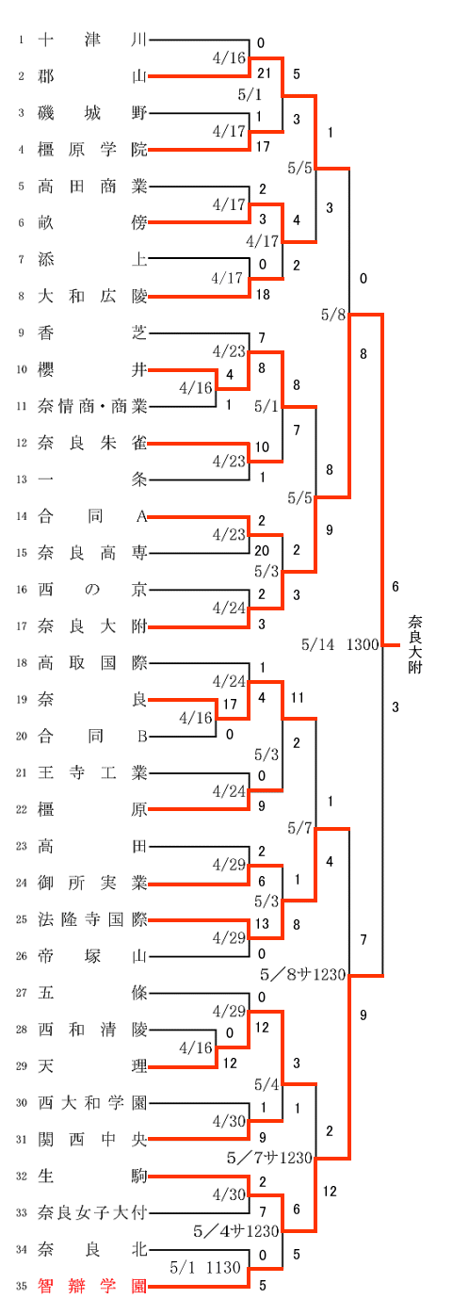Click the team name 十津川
click(92, 40)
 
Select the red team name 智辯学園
click(92, 1287)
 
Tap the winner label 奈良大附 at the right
click(415, 644)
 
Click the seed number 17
click(22, 626)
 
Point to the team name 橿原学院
click(92, 150)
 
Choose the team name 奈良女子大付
click(92, 1212)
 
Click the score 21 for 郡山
click(265, 73)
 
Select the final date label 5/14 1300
click(340, 644)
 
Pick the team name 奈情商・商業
click(92, 406)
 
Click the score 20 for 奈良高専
click(262, 551)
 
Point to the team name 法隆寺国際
click(92, 919)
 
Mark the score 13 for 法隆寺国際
click(262, 923)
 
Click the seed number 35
click(22, 1287)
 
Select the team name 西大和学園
click(92, 1103)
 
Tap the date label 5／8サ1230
click(303, 975)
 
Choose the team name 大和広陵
click(92, 296)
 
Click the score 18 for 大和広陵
click(263, 294)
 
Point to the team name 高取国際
click(92, 663)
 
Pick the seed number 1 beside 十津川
click(22, 40)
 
